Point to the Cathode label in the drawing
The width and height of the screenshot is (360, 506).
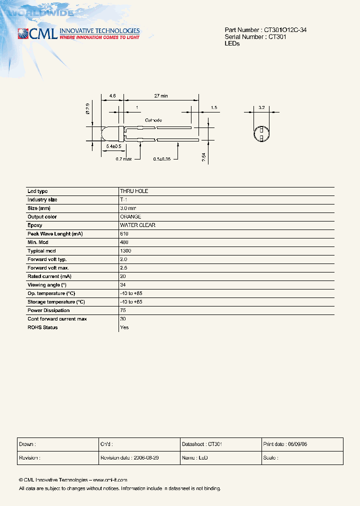click(x=153, y=120)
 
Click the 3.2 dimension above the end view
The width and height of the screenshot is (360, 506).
click(x=261, y=107)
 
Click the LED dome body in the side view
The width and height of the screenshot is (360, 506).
click(x=110, y=133)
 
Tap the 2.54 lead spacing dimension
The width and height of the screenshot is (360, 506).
click(x=204, y=157)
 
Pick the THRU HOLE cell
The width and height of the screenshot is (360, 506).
click(x=134, y=191)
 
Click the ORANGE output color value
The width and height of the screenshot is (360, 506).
click(x=130, y=217)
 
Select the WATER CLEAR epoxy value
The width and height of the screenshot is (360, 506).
click(x=137, y=225)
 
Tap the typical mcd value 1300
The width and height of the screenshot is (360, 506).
click(x=125, y=251)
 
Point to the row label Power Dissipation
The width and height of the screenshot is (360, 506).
click(x=48, y=310)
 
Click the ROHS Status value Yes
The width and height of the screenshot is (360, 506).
click(x=124, y=327)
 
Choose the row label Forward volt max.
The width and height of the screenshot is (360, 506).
click(x=48, y=268)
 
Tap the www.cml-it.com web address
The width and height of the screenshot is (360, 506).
click(x=110, y=479)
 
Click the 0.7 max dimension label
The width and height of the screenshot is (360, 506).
click(x=123, y=159)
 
